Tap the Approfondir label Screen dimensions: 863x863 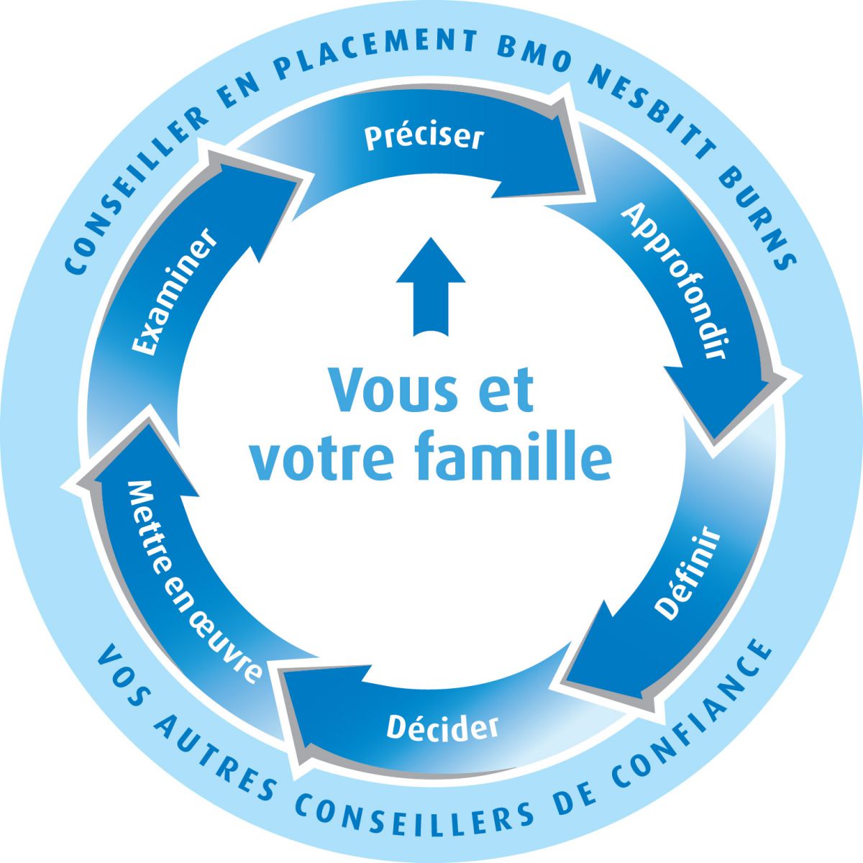pyautogui.click(x=673, y=280)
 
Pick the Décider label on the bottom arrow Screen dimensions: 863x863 pyautogui.click(x=442, y=727)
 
